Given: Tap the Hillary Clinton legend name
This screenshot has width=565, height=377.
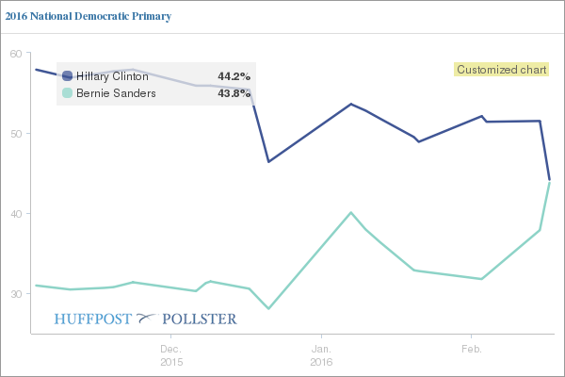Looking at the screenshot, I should (x=112, y=76).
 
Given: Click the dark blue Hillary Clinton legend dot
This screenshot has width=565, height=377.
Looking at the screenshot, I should (x=67, y=76).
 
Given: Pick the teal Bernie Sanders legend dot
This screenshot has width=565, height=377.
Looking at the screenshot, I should (x=67, y=93).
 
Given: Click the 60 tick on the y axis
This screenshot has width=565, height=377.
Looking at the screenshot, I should (x=16, y=54).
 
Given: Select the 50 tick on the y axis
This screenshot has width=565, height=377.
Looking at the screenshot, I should (x=16, y=134).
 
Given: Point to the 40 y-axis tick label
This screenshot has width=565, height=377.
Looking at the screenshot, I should (x=16, y=214).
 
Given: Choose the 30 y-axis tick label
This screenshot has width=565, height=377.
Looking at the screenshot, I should (x=16, y=294).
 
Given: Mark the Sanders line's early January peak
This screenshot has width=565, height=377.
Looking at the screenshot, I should (x=350, y=212).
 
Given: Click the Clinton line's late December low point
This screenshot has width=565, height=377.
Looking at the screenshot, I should (x=268, y=162).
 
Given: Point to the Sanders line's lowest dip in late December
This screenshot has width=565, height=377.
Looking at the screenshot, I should (x=268, y=308).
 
